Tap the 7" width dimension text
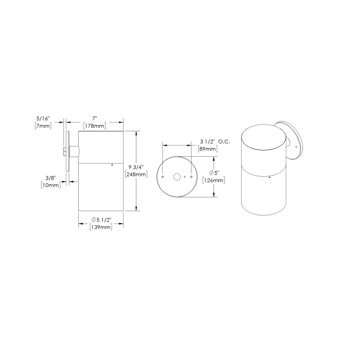[95, 118]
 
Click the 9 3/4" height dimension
[135, 167]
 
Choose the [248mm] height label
[136, 175]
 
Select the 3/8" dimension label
[50, 177]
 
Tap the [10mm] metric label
[50, 185]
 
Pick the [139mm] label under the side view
[101, 227]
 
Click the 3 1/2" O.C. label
[215, 141]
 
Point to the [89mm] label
[207, 149]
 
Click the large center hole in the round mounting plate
[177, 177]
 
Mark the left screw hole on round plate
[163, 177]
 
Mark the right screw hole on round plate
[191, 177]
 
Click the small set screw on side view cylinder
[112, 165]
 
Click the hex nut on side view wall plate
[64, 152]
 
